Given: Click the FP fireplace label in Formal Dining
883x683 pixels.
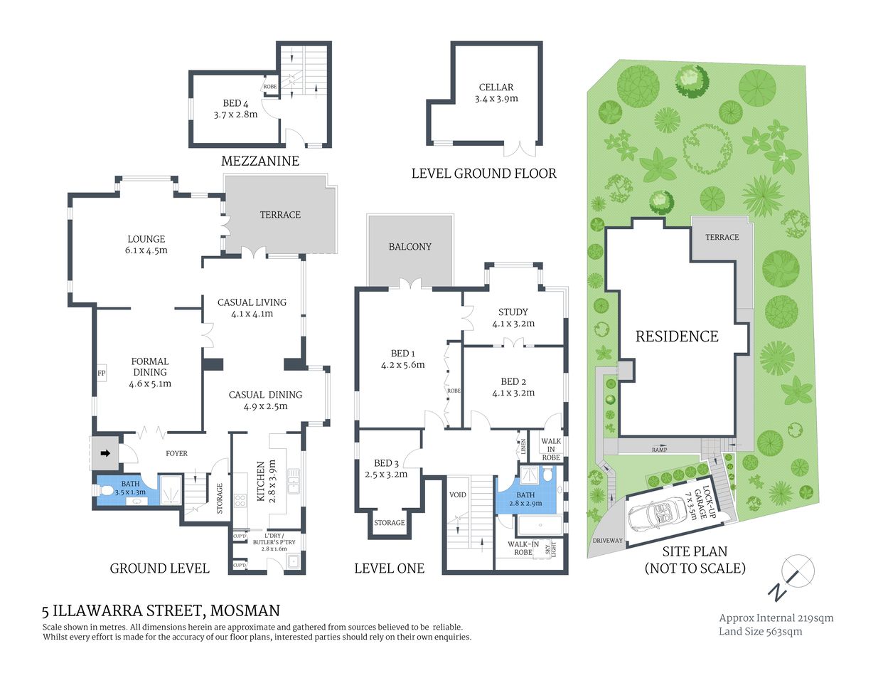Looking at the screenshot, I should coord(101,373).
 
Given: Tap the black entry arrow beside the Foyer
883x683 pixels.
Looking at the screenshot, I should coord(105,452).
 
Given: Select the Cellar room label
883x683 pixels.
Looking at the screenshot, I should coord(496,88).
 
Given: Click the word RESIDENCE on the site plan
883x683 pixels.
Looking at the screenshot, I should coord(676,337).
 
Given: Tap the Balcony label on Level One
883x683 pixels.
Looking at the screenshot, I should coord(410,247).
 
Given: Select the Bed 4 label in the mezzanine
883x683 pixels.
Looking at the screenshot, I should coord(235,103).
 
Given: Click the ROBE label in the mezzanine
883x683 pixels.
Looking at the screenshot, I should coord(270,87).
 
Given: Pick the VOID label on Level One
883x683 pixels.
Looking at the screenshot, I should coord(458,494).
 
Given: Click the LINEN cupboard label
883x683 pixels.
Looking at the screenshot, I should coord(523,447).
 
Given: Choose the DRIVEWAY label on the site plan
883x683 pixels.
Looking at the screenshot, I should coord(607,541).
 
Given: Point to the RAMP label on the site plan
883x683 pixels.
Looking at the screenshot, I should coord(660,450).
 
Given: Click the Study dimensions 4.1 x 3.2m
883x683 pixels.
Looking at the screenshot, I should coord(513,324).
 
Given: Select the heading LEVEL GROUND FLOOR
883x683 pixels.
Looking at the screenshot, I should coord(483,174).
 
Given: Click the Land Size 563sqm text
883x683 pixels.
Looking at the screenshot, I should coord(760,631).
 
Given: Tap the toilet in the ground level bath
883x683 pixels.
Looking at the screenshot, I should coord(106,490).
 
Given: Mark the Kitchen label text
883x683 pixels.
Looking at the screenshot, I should coord(261,481).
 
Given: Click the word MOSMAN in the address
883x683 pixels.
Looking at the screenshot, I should coord(246,610).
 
